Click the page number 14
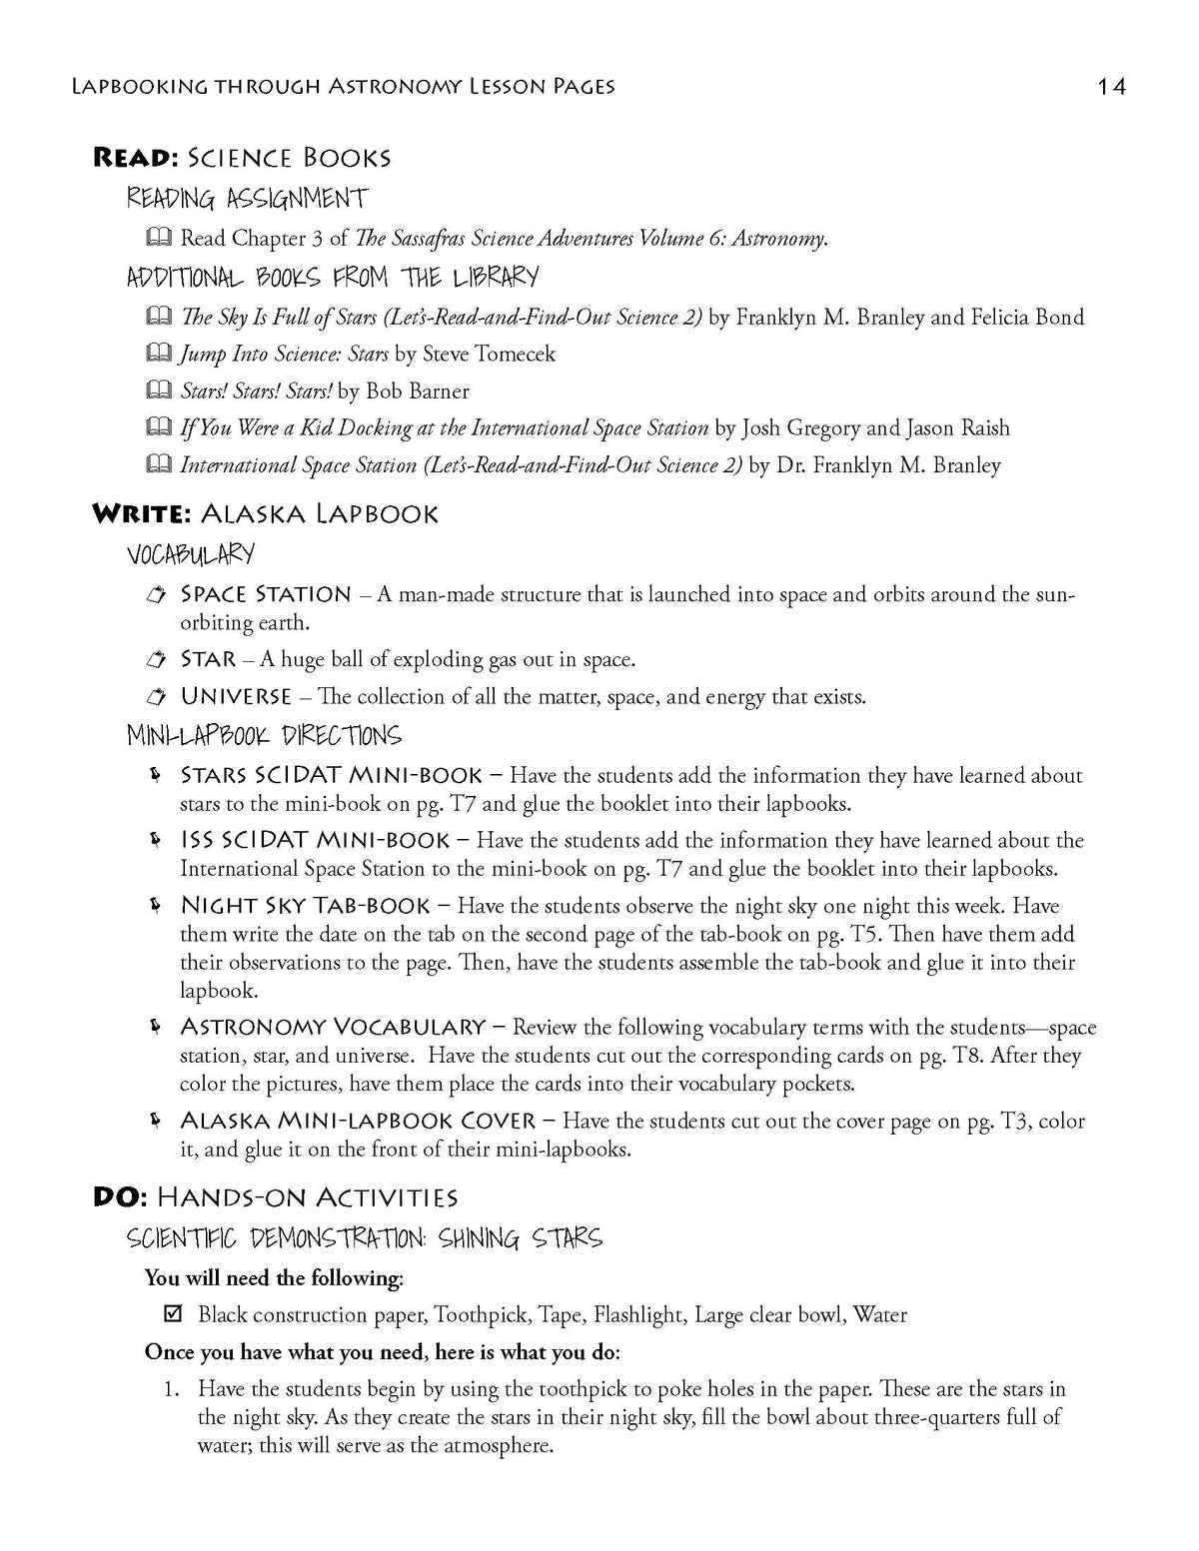pyautogui.click(x=1111, y=87)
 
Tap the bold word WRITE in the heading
pyautogui.click(x=135, y=514)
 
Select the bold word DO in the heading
pyautogui.click(x=113, y=1197)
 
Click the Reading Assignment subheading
pyautogui.click(x=246, y=198)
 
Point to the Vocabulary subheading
pyautogui.click(x=190, y=553)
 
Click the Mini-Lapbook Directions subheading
pyautogui.click(x=263, y=736)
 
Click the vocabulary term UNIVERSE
pyautogui.click(x=236, y=696)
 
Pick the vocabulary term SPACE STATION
pyautogui.click(x=265, y=594)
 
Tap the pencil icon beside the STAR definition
pyautogui.click(x=156, y=659)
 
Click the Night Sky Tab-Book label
pyautogui.click(x=305, y=906)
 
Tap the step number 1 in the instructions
pyautogui.click(x=172, y=1389)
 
